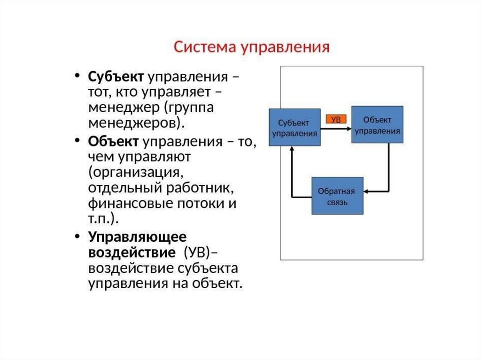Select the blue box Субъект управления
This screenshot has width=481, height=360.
[295, 128]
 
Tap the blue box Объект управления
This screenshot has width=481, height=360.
[377, 125]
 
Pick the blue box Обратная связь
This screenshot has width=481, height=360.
[338, 196]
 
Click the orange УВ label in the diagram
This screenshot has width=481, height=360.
[336, 120]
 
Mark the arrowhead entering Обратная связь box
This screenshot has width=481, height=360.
[367, 191]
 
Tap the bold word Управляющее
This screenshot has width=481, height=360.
[137, 237]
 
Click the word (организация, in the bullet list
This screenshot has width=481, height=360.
[135, 173]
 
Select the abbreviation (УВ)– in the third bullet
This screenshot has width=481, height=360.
[200, 253]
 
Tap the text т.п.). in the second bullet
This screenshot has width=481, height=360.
[103, 220]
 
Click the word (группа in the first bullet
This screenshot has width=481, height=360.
[188, 108]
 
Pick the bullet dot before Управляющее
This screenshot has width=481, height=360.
[77, 237]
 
